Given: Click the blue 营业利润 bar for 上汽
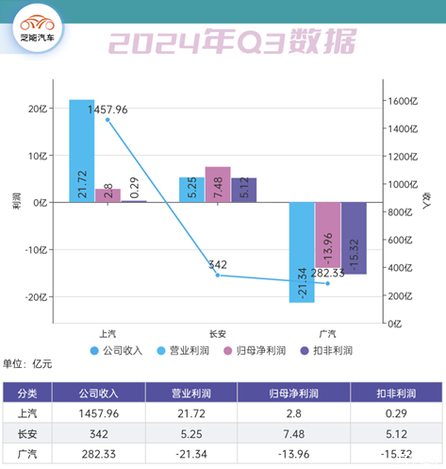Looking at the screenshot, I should point(81,151).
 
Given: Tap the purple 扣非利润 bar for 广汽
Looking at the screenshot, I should point(354,238).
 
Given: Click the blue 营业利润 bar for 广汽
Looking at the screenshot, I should point(302,252).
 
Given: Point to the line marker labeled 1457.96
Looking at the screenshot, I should point(107,120).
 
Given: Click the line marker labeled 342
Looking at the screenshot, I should point(218,275).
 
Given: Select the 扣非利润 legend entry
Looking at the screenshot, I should point(324,350).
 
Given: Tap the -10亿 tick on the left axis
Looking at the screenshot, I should point(36,250).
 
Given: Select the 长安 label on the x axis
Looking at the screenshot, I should point(218,333).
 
